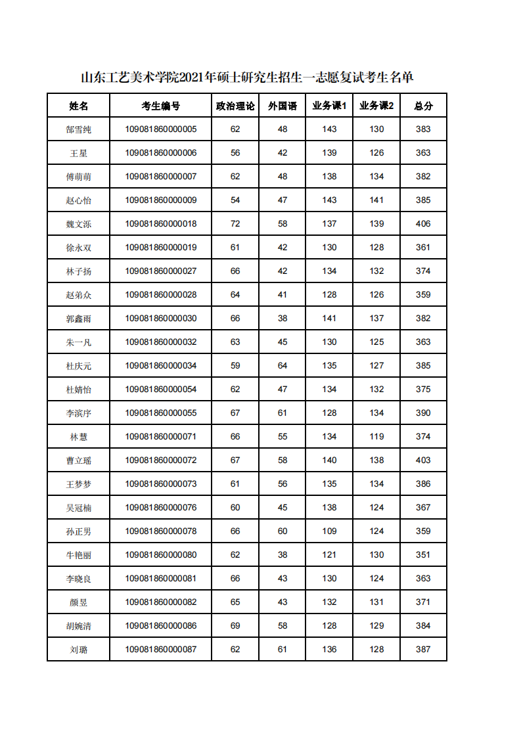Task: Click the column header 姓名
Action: click(78, 106)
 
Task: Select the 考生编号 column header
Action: click(160, 106)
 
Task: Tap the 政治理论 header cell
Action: click(235, 106)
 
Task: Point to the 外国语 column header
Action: click(283, 106)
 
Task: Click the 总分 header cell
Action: click(423, 106)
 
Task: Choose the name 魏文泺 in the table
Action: click(78, 224)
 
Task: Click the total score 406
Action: click(423, 224)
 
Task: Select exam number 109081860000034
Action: click(160, 366)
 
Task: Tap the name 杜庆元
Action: click(78, 366)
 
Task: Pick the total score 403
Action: click(423, 460)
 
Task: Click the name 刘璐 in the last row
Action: click(78, 650)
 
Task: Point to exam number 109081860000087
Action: click(160, 650)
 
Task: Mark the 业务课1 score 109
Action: click(329, 531)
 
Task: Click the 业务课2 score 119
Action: click(376, 437)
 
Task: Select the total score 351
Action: click(423, 555)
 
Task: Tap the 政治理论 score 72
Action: click(235, 224)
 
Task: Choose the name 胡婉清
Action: click(78, 626)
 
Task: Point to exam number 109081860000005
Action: click(160, 129)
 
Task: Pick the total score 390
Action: click(423, 413)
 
